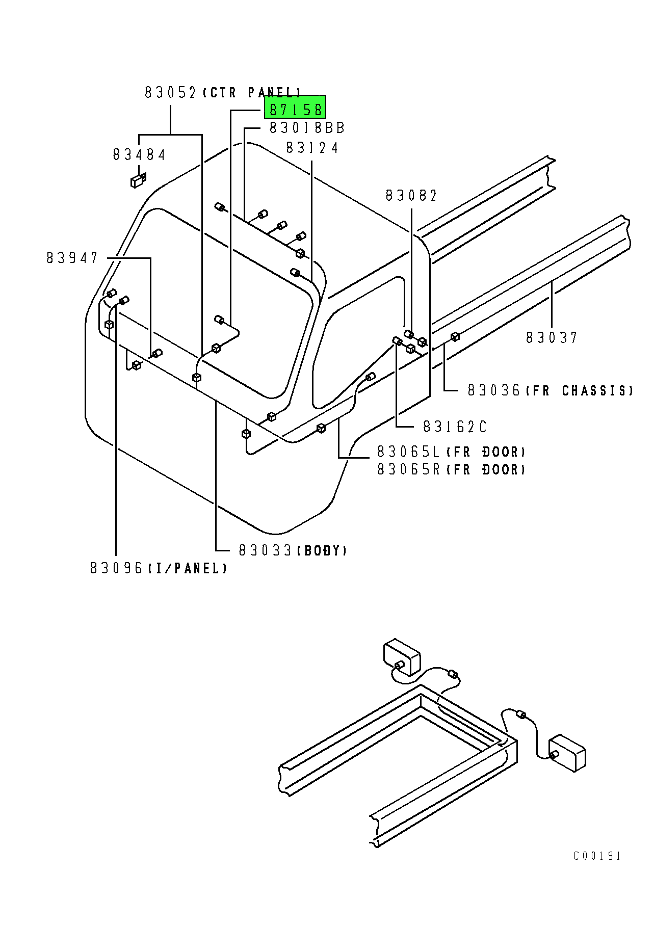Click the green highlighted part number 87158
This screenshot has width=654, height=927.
tap(295, 109)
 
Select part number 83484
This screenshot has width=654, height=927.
tap(139, 154)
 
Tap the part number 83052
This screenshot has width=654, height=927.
tap(170, 93)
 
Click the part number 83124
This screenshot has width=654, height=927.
tap(312, 148)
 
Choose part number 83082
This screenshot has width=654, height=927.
tap(411, 196)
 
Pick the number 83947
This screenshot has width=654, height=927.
tap(72, 258)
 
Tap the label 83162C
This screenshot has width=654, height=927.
tap(455, 427)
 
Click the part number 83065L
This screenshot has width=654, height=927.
tap(409, 452)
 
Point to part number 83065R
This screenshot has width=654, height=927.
tap(409, 469)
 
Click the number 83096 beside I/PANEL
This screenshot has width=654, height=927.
tap(117, 568)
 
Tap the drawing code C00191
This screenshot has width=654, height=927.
tap(597, 856)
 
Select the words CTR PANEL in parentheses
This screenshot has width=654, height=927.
tap(252, 93)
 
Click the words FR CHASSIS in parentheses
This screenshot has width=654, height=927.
tap(580, 391)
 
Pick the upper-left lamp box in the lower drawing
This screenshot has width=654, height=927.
tap(402, 657)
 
